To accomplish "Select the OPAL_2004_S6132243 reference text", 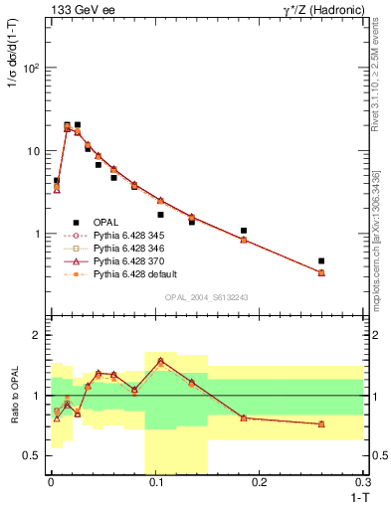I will click(x=213, y=297).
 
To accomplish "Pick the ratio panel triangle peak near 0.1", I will click(x=160, y=361).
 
